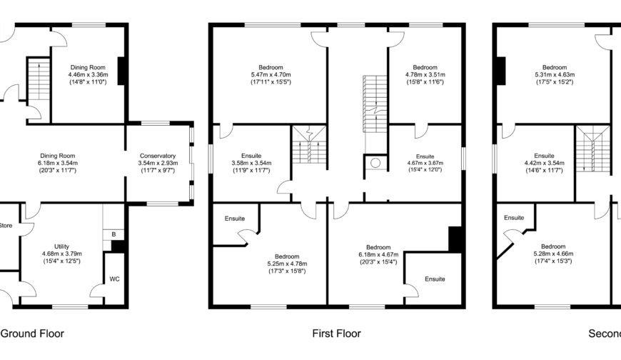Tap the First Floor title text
(336, 334)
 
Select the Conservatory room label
(158, 156)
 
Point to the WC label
(114, 279)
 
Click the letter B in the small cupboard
(113, 234)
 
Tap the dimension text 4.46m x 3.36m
(87, 75)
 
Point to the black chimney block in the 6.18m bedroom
(455, 239)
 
